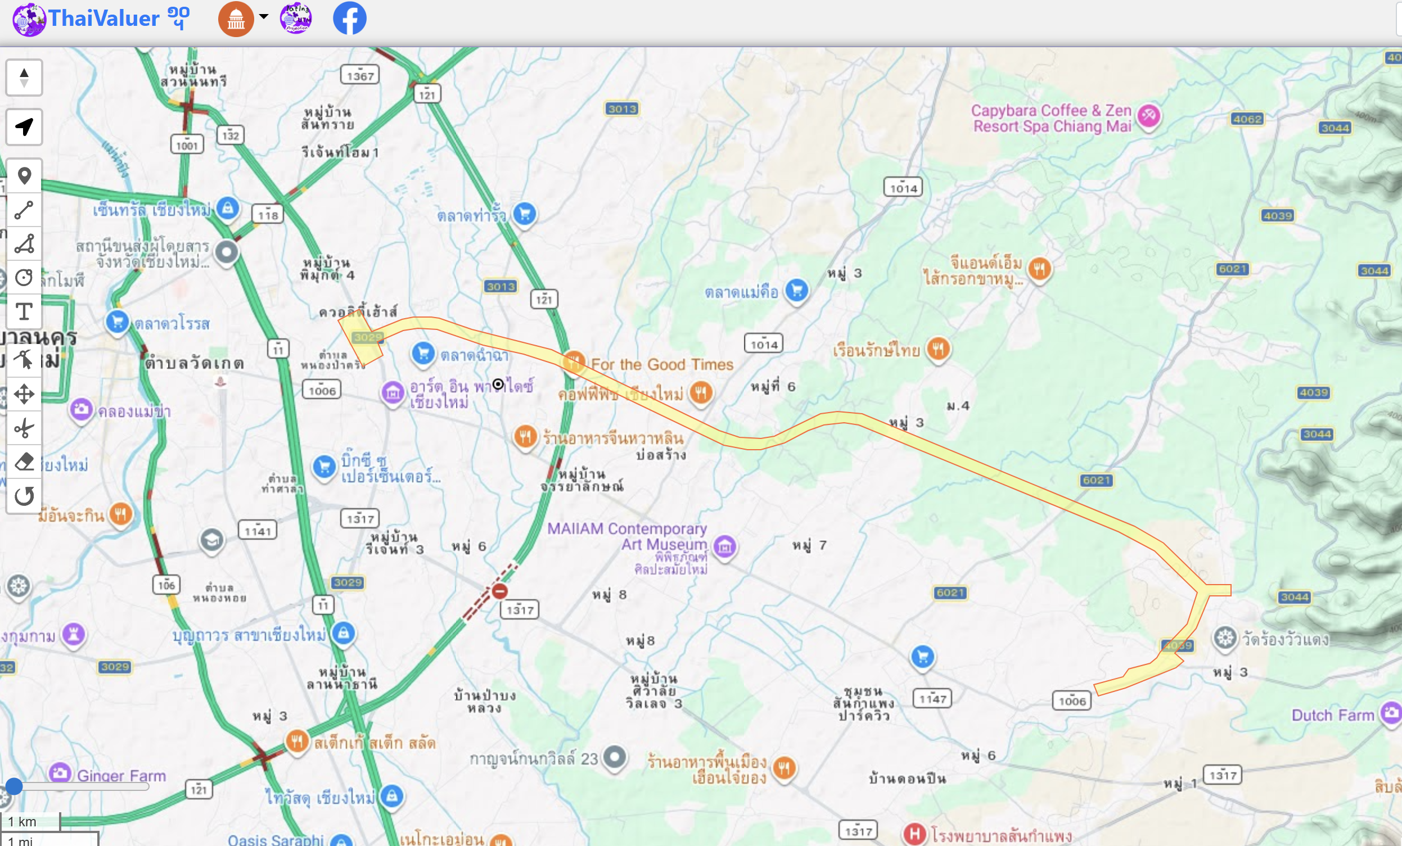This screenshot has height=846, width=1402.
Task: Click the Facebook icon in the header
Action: tap(349, 18)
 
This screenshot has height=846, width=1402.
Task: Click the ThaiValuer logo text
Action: tap(103, 18)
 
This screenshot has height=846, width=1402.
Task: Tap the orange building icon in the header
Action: tap(236, 19)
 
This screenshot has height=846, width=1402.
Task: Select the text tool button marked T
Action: tap(24, 311)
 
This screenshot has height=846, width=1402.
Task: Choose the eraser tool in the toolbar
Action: tap(24, 462)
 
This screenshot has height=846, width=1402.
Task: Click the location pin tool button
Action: tap(24, 176)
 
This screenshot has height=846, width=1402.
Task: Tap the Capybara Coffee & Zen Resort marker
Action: tap(1148, 115)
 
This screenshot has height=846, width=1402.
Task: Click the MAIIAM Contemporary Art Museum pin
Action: tap(724, 547)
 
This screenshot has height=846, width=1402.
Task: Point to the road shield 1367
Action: tap(360, 76)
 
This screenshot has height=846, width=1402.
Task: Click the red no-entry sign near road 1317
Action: tap(499, 591)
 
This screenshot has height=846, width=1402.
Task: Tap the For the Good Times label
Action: tap(662, 364)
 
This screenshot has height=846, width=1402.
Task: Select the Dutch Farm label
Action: tap(1332, 714)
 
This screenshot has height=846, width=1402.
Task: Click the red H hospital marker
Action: tap(914, 834)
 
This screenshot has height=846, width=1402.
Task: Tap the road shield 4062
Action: tap(1247, 119)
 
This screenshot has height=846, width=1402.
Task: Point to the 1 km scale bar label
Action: tap(22, 821)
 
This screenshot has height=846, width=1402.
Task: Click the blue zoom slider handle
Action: tap(13, 786)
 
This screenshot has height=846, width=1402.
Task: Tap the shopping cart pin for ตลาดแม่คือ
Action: tap(796, 291)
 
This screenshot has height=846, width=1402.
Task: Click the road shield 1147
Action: tap(932, 698)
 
